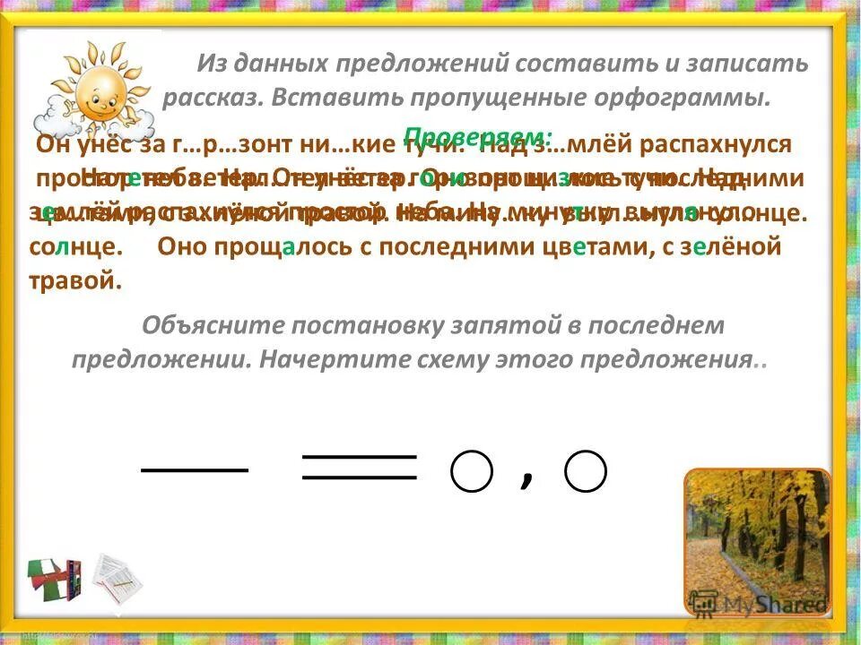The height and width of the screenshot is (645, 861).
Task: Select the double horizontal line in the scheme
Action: click(360, 467)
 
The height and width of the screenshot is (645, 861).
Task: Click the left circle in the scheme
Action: click(472, 470)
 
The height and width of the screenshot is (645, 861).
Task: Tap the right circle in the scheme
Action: click(586, 470)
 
